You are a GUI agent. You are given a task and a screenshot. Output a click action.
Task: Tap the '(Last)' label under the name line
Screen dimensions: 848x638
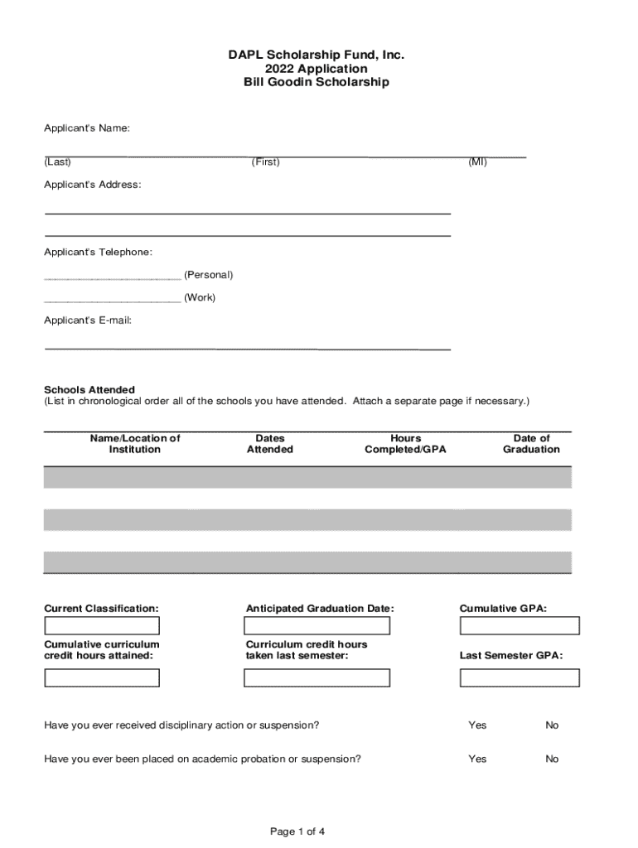tap(57, 162)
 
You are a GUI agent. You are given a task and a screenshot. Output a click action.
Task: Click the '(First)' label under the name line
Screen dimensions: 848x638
tap(266, 162)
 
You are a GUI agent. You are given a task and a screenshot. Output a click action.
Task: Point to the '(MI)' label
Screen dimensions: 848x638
tap(478, 162)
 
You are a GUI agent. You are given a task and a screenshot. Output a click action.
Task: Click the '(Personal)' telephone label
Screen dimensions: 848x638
tap(208, 275)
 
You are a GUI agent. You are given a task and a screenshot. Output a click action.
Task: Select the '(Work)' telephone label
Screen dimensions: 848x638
tap(200, 298)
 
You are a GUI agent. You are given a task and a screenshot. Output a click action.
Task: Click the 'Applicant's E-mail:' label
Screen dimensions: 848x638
tap(88, 320)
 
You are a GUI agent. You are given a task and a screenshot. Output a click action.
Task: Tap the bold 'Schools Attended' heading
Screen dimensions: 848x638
tap(89, 389)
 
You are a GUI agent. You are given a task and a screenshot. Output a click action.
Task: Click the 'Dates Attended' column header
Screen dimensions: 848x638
tap(270, 444)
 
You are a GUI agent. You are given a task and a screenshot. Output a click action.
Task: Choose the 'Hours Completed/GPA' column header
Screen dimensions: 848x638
tap(405, 444)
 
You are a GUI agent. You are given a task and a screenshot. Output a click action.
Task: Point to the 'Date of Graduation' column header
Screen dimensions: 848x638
tap(531, 444)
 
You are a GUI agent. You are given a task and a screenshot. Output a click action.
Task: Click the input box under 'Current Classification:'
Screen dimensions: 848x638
tap(102, 626)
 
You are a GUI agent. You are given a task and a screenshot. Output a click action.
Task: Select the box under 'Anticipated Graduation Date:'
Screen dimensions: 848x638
tap(317, 626)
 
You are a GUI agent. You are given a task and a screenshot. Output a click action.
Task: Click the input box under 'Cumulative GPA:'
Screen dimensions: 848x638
tap(520, 626)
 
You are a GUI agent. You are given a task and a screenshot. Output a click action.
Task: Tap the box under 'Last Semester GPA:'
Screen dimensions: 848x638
tap(520, 678)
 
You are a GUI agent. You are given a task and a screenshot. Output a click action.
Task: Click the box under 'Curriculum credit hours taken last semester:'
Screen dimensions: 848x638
tap(317, 678)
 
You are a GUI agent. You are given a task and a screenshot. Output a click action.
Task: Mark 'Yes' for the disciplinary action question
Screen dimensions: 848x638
tap(477, 725)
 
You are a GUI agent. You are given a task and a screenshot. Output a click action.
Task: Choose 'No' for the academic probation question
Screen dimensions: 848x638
tap(552, 759)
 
